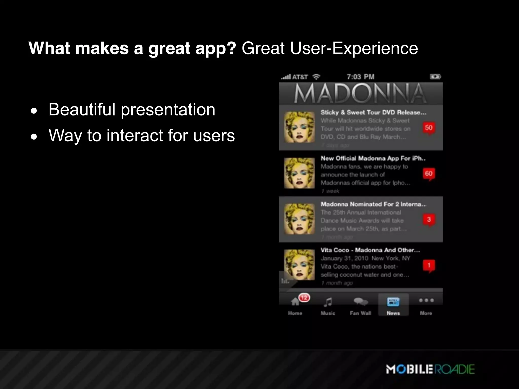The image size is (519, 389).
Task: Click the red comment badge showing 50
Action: coord(429,128)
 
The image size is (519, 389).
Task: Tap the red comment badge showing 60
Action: coord(429,174)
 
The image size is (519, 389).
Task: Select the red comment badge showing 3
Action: coord(429,220)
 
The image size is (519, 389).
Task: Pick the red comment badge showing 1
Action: coord(429,266)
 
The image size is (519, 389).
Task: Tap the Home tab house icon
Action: coord(295,302)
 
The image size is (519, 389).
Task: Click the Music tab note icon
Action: coord(328,302)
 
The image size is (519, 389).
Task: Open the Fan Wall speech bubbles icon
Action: coord(361,301)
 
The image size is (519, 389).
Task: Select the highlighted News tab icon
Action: coord(393,302)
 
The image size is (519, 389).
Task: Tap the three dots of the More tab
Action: coord(426,300)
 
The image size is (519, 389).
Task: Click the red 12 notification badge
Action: coord(304,298)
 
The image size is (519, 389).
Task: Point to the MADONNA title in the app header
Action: coord(360,94)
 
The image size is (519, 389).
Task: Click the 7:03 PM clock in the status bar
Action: coord(360,77)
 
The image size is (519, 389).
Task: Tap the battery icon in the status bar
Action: coord(435,77)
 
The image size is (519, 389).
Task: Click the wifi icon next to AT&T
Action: coord(316,77)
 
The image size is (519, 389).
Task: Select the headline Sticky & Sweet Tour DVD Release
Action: coord(373,112)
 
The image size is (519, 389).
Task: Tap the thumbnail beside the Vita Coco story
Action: coord(299,265)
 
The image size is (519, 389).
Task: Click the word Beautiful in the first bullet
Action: coord(82,110)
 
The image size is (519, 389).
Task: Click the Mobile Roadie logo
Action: coord(430,369)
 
